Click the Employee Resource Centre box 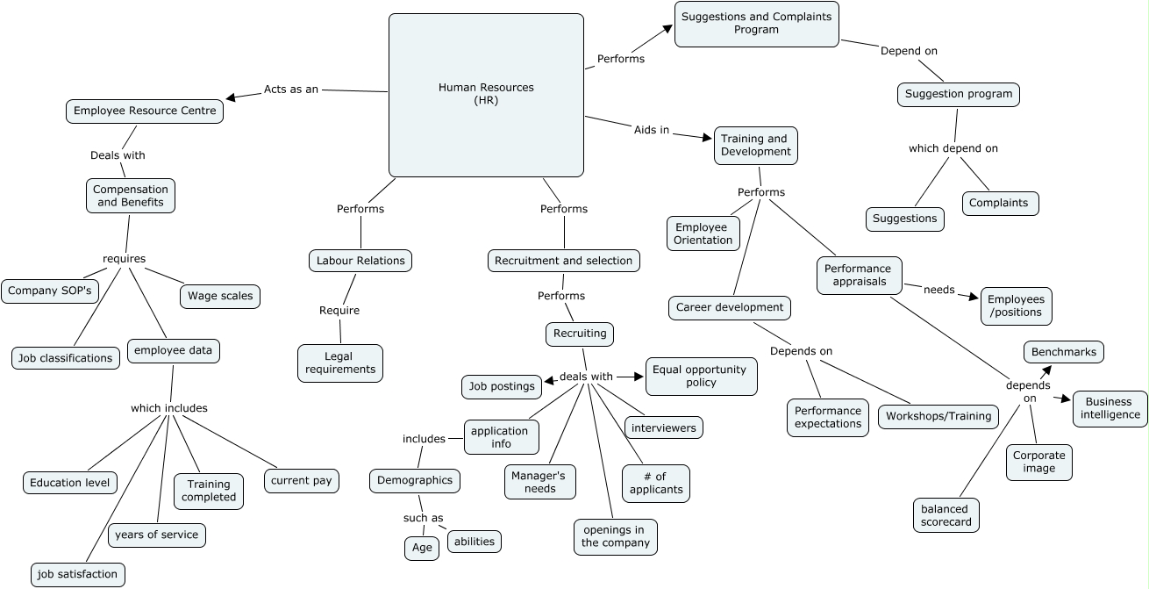(145, 111)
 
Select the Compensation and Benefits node (131, 196)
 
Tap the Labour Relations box (360, 261)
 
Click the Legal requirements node (340, 363)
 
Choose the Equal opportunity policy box (701, 377)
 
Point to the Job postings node (502, 386)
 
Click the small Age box (422, 548)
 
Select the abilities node (475, 542)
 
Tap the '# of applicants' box (656, 483)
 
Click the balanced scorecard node (946, 515)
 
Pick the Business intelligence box (1110, 408)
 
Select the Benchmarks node (1064, 352)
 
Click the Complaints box (999, 203)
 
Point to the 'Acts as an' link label (290, 90)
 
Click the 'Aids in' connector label (652, 130)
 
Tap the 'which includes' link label (169, 408)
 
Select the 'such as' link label (423, 518)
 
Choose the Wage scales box (220, 296)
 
